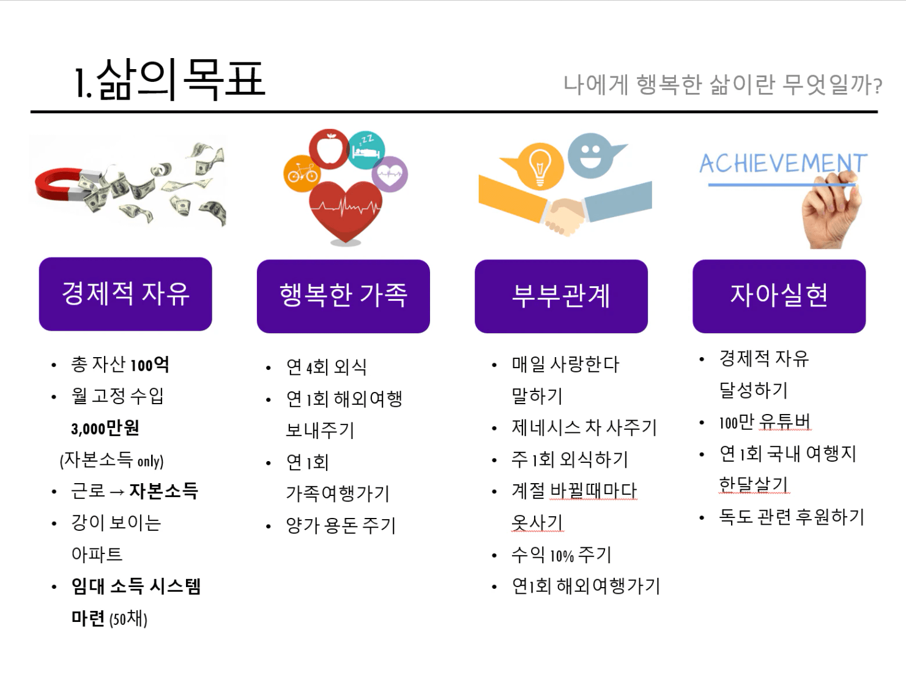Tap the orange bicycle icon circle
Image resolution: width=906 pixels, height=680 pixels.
pyautogui.click(x=303, y=174)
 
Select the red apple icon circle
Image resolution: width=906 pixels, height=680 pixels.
pyautogui.click(x=329, y=149)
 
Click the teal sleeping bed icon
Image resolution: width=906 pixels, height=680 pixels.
pyautogui.click(x=366, y=150)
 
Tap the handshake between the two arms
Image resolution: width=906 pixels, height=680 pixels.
pyautogui.click(x=564, y=215)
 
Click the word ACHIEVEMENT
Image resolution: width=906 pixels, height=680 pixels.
pyautogui.click(x=783, y=163)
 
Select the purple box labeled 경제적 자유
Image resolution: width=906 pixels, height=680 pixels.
pyautogui.click(x=125, y=294)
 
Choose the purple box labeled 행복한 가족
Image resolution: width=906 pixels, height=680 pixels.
pyautogui.click(x=343, y=296)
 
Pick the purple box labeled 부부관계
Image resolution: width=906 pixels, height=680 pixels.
pyautogui.click(x=562, y=296)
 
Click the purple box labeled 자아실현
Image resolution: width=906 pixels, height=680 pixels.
pyautogui.click(x=779, y=296)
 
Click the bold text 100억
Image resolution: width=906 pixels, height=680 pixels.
pyautogui.click(x=149, y=364)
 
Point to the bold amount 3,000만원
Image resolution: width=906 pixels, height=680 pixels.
pyautogui.click(x=105, y=428)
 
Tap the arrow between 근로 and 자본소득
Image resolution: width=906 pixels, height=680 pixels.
pyautogui.click(x=117, y=492)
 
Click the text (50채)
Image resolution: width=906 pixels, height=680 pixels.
pyautogui.click(x=128, y=619)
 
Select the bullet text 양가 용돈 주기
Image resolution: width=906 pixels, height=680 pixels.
pyautogui.click(x=341, y=526)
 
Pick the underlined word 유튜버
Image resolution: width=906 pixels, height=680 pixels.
pyautogui.click(x=785, y=422)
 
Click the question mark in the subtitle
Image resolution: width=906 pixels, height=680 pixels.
pyautogui.click(x=878, y=86)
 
